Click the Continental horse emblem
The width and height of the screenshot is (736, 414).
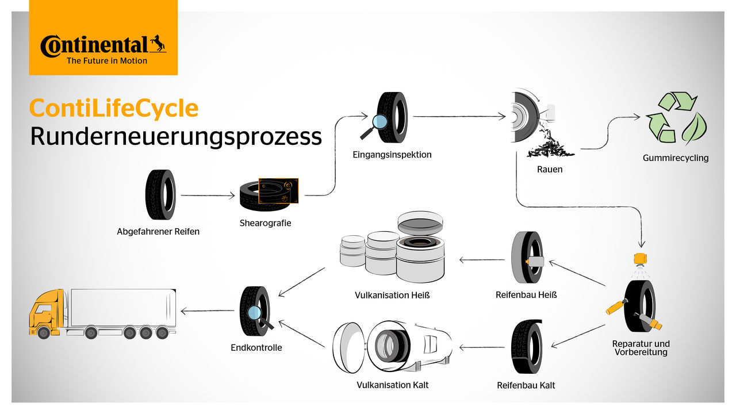[x=157, y=44]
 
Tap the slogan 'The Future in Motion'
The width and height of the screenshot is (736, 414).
[x=107, y=60]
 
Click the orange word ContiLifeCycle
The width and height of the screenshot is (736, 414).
[x=114, y=109]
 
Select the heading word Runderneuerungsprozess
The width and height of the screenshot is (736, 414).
[x=176, y=137]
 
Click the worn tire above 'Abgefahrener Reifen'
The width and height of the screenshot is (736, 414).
[x=160, y=195]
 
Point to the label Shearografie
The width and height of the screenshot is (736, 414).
[x=265, y=223]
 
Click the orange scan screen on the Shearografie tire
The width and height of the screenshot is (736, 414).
[x=279, y=190]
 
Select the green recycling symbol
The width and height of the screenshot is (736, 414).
[x=676, y=118]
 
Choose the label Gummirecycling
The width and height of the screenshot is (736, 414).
[x=676, y=158]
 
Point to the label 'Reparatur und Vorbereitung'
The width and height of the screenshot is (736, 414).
[x=641, y=348]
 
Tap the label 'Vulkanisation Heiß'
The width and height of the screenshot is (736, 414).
[x=392, y=296]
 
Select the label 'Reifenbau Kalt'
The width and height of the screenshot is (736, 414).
[x=526, y=385]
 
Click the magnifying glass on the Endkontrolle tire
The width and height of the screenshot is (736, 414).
[x=255, y=314]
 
